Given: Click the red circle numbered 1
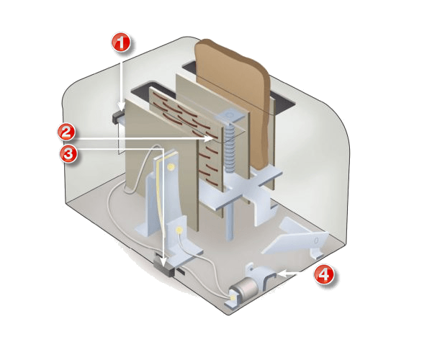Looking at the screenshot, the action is (x=121, y=42).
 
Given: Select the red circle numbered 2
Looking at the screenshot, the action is (x=67, y=132).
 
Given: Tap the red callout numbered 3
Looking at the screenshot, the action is (x=68, y=153).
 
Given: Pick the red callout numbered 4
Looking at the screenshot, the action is (x=324, y=274).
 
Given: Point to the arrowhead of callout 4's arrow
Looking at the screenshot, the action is (x=282, y=274).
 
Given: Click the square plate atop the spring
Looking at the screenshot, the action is (x=229, y=116).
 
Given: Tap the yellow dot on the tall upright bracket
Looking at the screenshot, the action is (x=171, y=166).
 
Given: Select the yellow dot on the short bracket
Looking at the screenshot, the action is (x=179, y=229).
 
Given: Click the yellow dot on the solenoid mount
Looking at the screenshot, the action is (x=233, y=298).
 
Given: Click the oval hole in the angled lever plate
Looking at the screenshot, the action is (x=316, y=240).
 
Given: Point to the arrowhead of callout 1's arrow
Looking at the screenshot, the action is (x=121, y=107).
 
